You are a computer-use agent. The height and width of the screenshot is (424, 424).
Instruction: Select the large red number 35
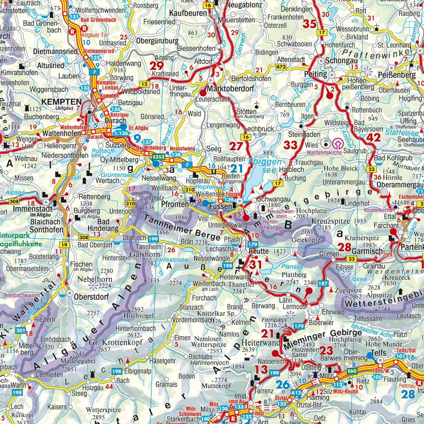click(x=310, y=24)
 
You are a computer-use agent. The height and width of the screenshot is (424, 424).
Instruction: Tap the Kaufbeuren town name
click(x=185, y=14)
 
